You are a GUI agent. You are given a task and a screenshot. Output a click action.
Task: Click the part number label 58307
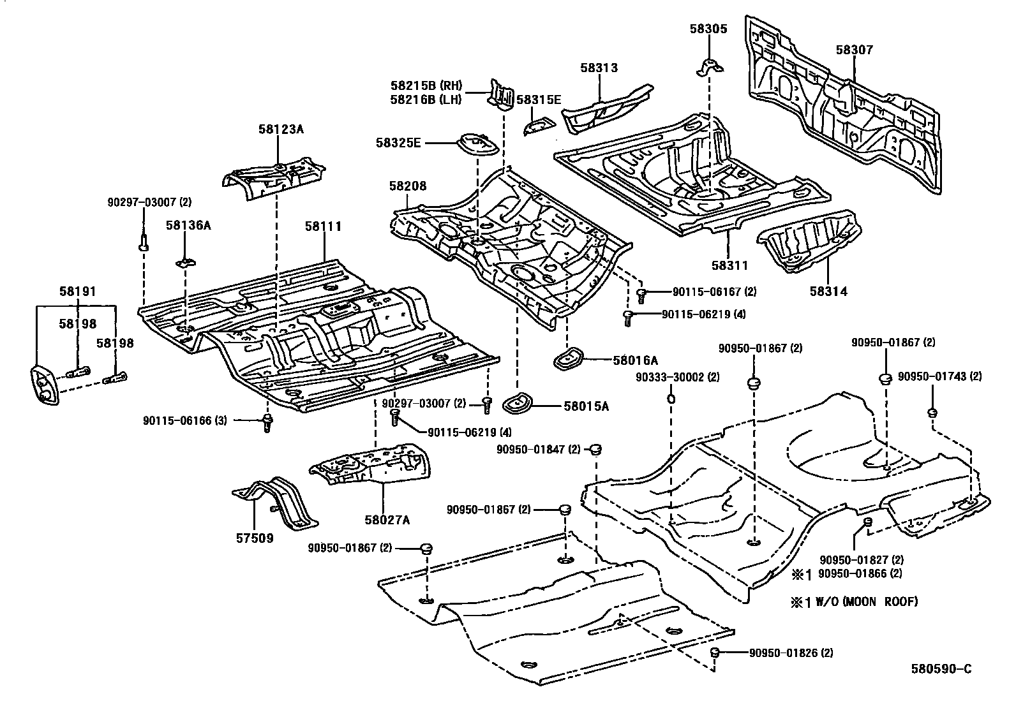854,49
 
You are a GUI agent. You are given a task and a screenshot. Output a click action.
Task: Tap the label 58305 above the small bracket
708,29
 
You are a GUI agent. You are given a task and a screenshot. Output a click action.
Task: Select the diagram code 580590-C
941,669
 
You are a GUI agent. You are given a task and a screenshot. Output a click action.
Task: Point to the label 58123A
281,129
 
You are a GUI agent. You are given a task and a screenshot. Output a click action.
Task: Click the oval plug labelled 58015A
516,404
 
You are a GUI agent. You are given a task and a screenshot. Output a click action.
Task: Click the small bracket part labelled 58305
710,66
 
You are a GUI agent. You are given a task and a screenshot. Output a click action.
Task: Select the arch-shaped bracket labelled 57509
275,503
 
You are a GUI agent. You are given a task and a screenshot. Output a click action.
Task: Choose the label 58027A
387,520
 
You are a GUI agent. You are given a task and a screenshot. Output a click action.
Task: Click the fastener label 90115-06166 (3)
185,420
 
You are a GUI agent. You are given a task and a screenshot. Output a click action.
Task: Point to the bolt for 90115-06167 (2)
641,295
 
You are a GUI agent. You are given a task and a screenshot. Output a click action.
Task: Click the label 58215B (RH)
426,85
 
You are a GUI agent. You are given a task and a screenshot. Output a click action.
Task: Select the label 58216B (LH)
426,100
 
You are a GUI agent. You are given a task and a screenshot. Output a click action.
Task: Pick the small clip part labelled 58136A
186,262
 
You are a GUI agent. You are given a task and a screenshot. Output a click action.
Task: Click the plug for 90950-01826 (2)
714,653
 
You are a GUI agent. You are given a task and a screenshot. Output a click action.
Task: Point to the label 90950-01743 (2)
940,376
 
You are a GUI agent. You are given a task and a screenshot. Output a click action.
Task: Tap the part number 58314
828,291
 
